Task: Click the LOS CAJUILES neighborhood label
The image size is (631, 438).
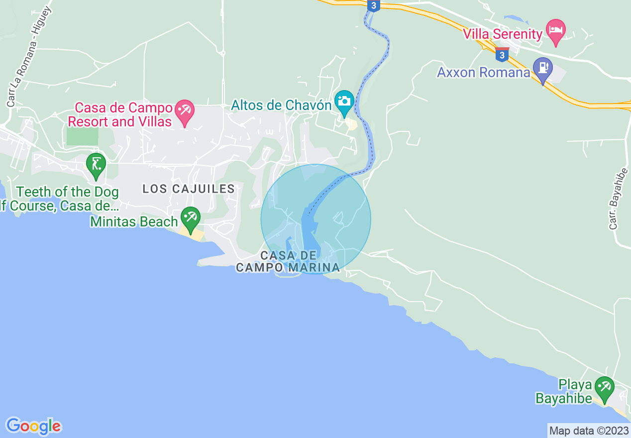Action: click(x=189, y=189)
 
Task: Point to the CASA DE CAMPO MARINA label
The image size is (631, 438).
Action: click(x=288, y=262)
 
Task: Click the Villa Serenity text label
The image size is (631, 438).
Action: click(x=502, y=34)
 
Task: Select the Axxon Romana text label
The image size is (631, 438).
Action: click(x=483, y=73)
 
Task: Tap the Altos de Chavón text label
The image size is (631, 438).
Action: click(x=281, y=106)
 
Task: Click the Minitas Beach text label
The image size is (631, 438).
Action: click(x=134, y=221)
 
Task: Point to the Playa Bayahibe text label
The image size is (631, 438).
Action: click(x=564, y=392)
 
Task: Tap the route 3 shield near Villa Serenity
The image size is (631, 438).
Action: click(x=502, y=54)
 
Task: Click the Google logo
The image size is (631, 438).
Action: click(x=33, y=426)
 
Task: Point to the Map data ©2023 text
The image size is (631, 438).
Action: click(x=588, y=431)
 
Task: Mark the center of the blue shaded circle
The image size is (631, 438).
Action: click(x=316, y=219)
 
